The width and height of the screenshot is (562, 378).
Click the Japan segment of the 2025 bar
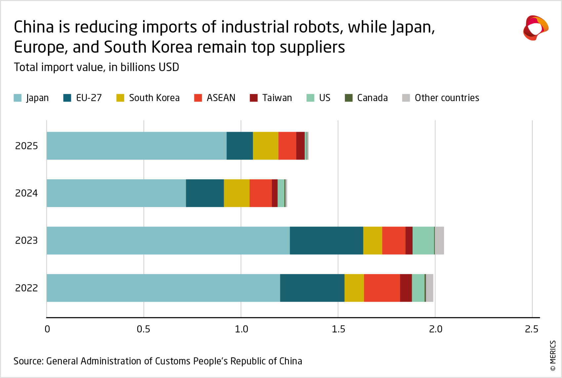[x=136, y=146]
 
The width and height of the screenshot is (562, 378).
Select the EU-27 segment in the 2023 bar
[x=326, y=240]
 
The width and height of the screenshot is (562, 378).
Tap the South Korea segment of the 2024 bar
[x=236, y=193]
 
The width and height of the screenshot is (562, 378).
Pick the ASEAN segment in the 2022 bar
[x=382, y=288]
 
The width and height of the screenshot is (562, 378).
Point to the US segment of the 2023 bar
[x=423, y=240]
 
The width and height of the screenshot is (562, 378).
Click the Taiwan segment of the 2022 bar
[x=406, y=288]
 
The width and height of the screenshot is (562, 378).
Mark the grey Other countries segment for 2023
[x=439, y=240]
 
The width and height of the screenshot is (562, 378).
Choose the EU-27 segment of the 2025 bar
[x=239, y=146]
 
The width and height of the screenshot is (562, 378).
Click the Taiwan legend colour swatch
[x=254, y=98]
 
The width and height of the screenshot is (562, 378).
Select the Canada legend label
[x=372, y=98]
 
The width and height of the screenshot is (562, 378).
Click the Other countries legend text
[x=447, y=98]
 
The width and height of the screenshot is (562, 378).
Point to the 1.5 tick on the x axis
[x=338, y=329]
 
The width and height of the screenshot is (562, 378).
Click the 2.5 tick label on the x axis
[x=532, y=329]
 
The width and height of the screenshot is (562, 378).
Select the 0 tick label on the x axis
[x=47, y=329]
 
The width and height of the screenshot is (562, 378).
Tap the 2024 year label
[x=26, y=193]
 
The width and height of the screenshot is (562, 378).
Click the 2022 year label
[x=26, y=288]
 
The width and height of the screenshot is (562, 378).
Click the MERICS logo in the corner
[x=535, y=28]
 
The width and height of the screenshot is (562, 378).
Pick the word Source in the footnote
[x=28, y=361]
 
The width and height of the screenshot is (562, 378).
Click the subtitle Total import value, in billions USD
[x=96, y=67]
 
